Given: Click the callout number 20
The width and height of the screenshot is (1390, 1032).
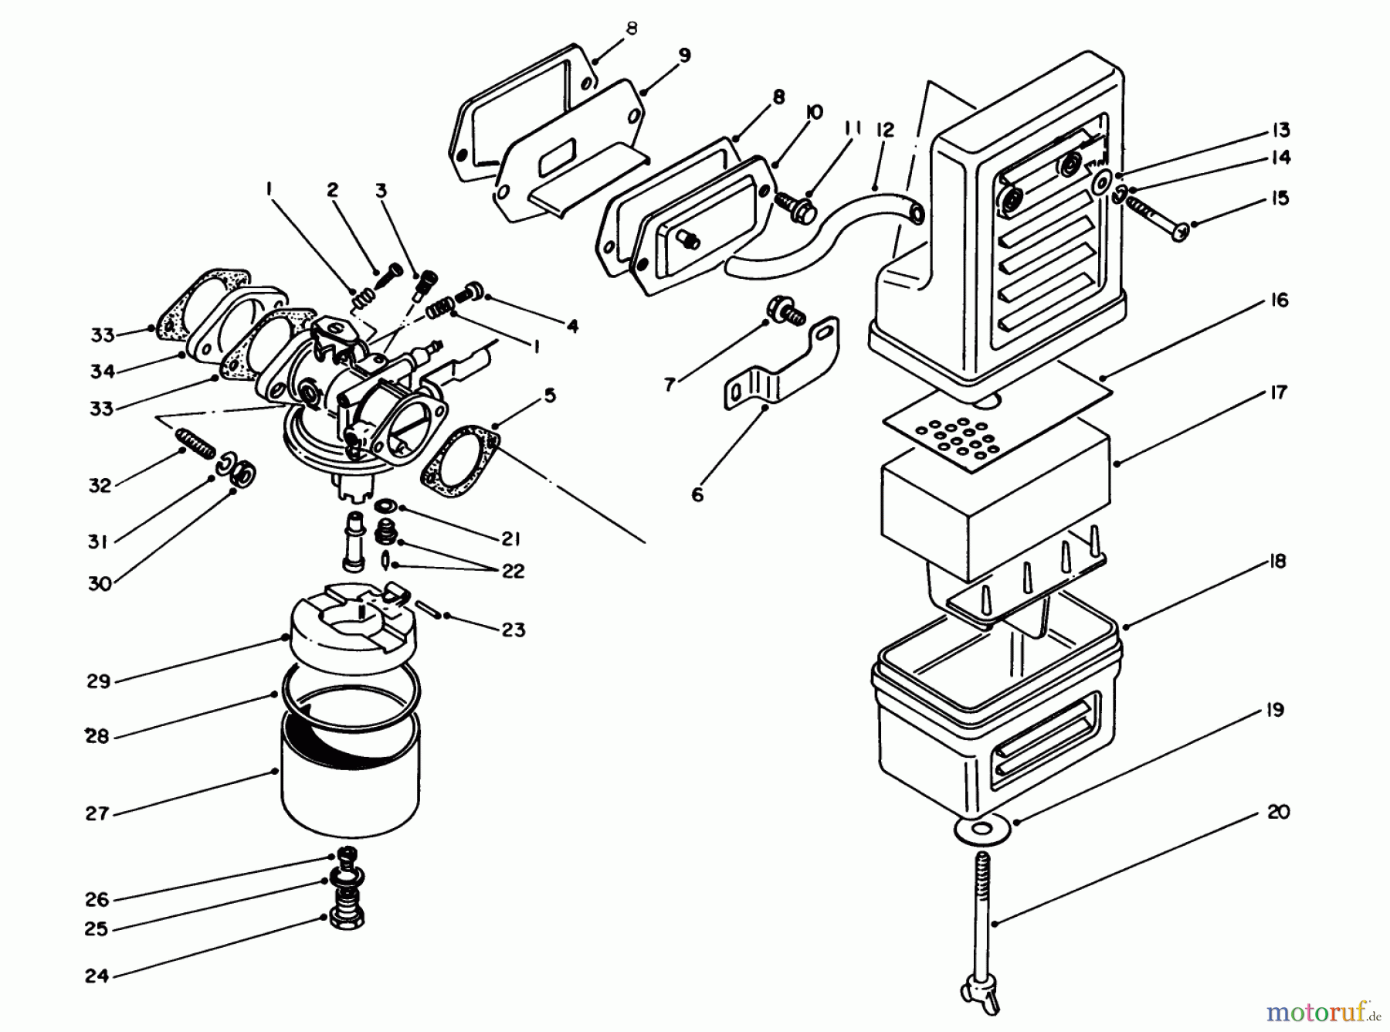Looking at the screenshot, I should point(1278,812).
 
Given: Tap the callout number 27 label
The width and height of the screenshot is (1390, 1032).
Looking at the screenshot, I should point(98,813).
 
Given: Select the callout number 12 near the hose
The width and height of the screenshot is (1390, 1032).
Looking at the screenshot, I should point(885,130).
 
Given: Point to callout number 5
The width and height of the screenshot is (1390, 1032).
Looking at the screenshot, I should point(549,395).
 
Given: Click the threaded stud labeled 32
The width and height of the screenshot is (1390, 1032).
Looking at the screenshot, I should point(196,445).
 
